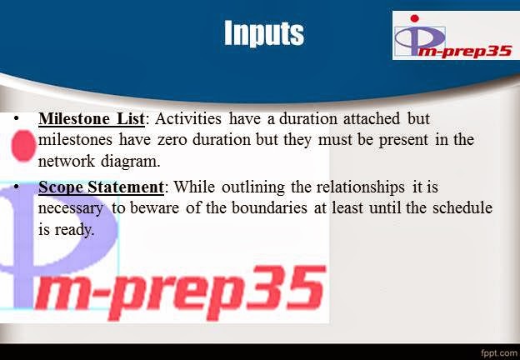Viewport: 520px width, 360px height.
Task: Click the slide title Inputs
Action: [263, 33]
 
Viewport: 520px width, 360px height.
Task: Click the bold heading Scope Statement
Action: [100, 187]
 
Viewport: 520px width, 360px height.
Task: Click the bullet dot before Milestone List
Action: [16, 119]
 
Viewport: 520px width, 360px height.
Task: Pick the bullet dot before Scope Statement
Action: [16, 187]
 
